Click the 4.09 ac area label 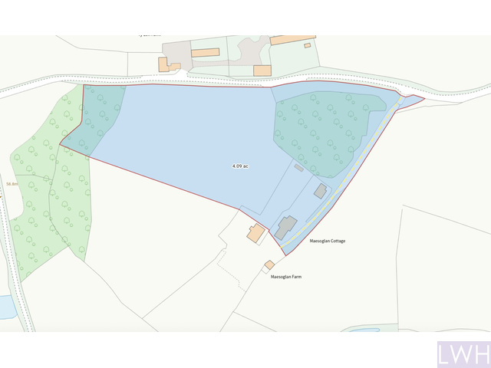(240, 166)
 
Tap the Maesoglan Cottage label (327, 241)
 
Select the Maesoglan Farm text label (286, 276)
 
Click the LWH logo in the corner (464, 355)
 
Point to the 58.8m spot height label (12, 184)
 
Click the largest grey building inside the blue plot (286, 227)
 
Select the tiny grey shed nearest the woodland (299, 166)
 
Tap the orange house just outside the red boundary (256, 233)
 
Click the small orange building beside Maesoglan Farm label (269, 265)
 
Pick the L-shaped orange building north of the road (166, 64)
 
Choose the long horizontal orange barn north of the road (205, 53)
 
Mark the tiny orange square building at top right (307, 45)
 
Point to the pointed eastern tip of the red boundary (423, 97)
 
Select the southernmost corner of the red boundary (283, 255)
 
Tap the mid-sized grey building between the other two (320, 190)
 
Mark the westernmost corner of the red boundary (61, 143)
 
